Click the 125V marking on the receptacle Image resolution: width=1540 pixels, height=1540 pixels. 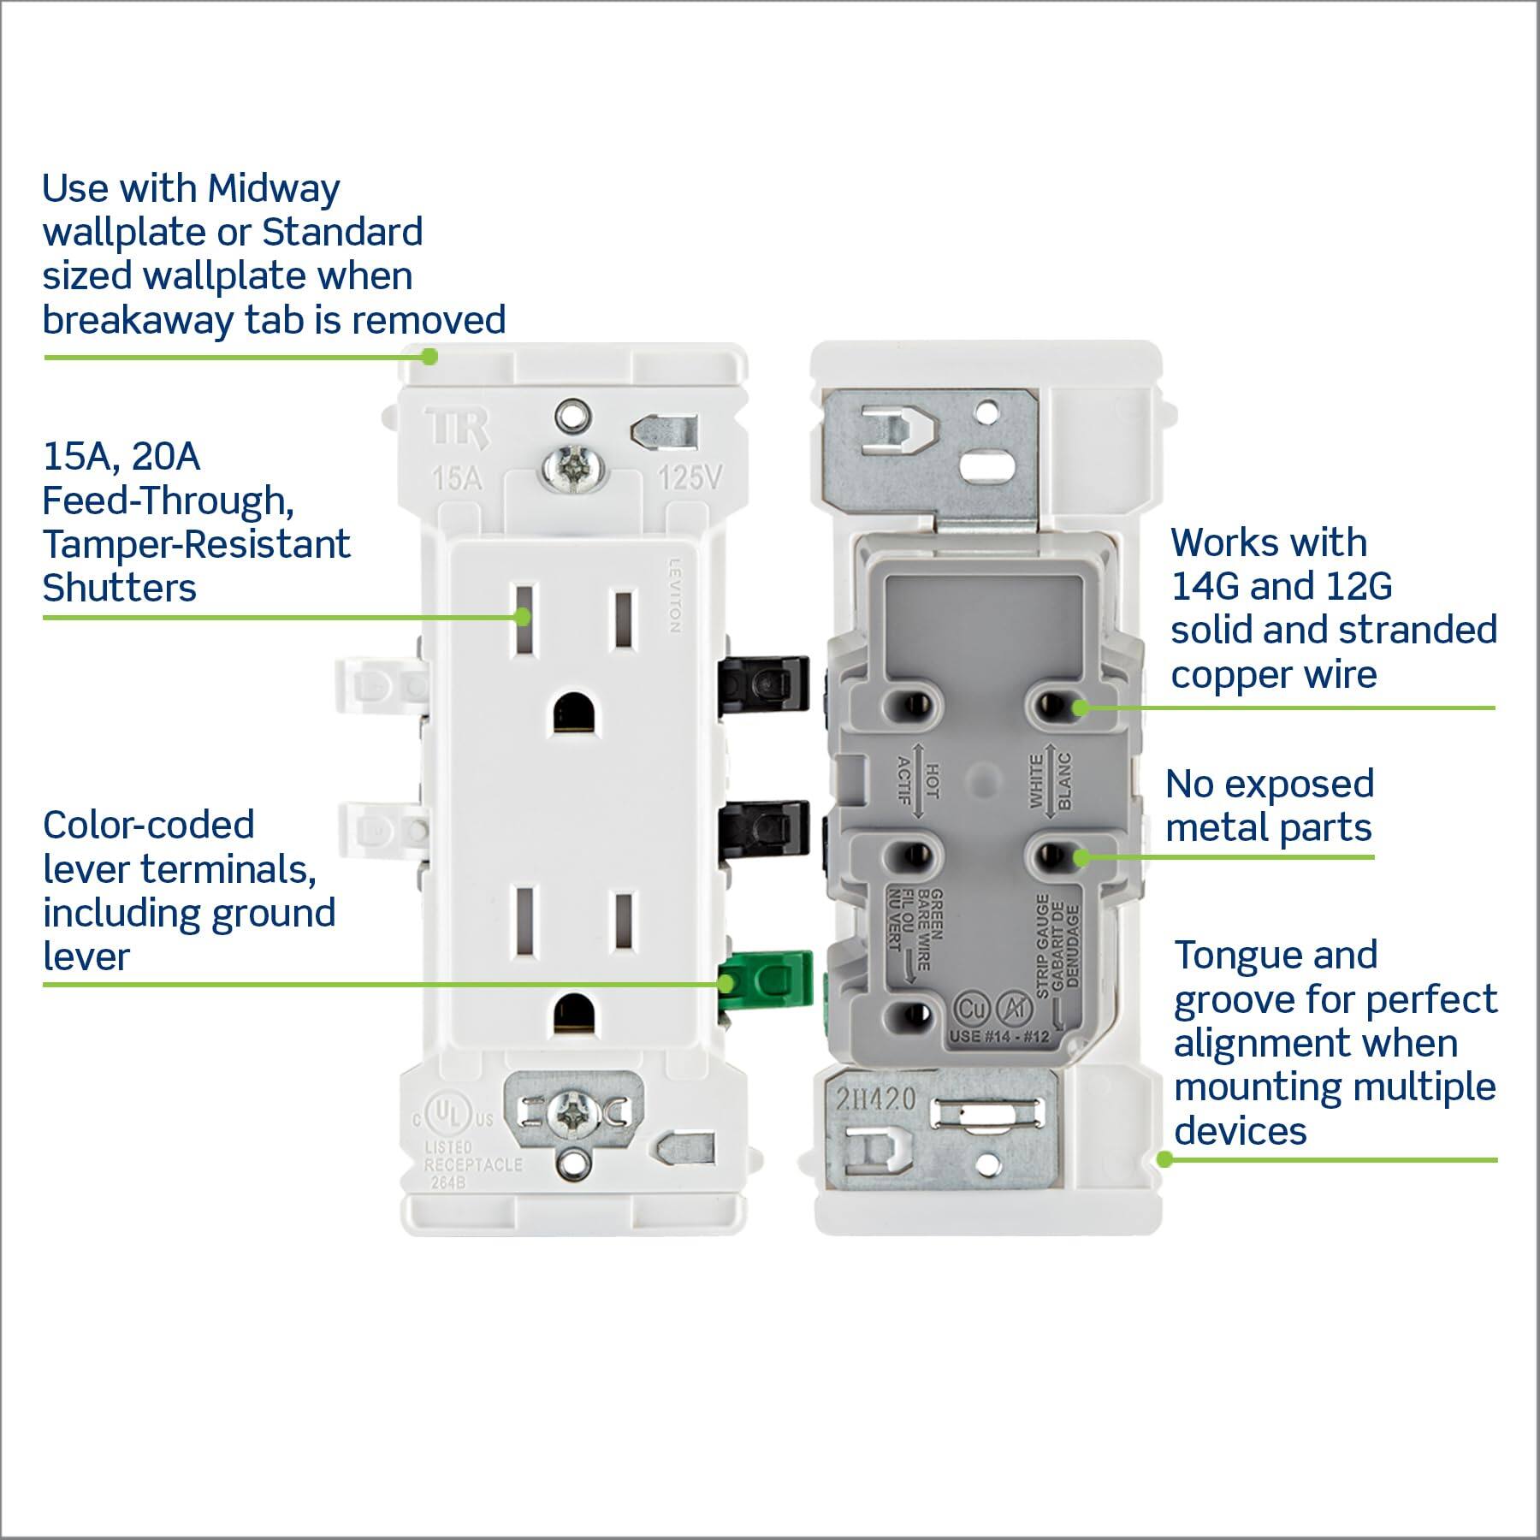pyautogui.click(x=690, y=477)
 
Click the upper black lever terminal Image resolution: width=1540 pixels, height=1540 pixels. pyautogui.click(x=765, y=682)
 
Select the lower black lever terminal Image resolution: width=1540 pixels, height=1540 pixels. pyautogui.click(x=765, y=827)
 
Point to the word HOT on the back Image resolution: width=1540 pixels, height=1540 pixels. pyautogui.click(x=933, y=781)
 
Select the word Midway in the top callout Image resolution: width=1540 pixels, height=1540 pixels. pyautogui.click(x=274, y=188)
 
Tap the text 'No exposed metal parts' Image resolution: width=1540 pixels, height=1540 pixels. pyautogui.click(x=1269, y=806)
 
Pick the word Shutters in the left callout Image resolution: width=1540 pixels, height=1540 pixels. pyautogui.click(x=120, y=589)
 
